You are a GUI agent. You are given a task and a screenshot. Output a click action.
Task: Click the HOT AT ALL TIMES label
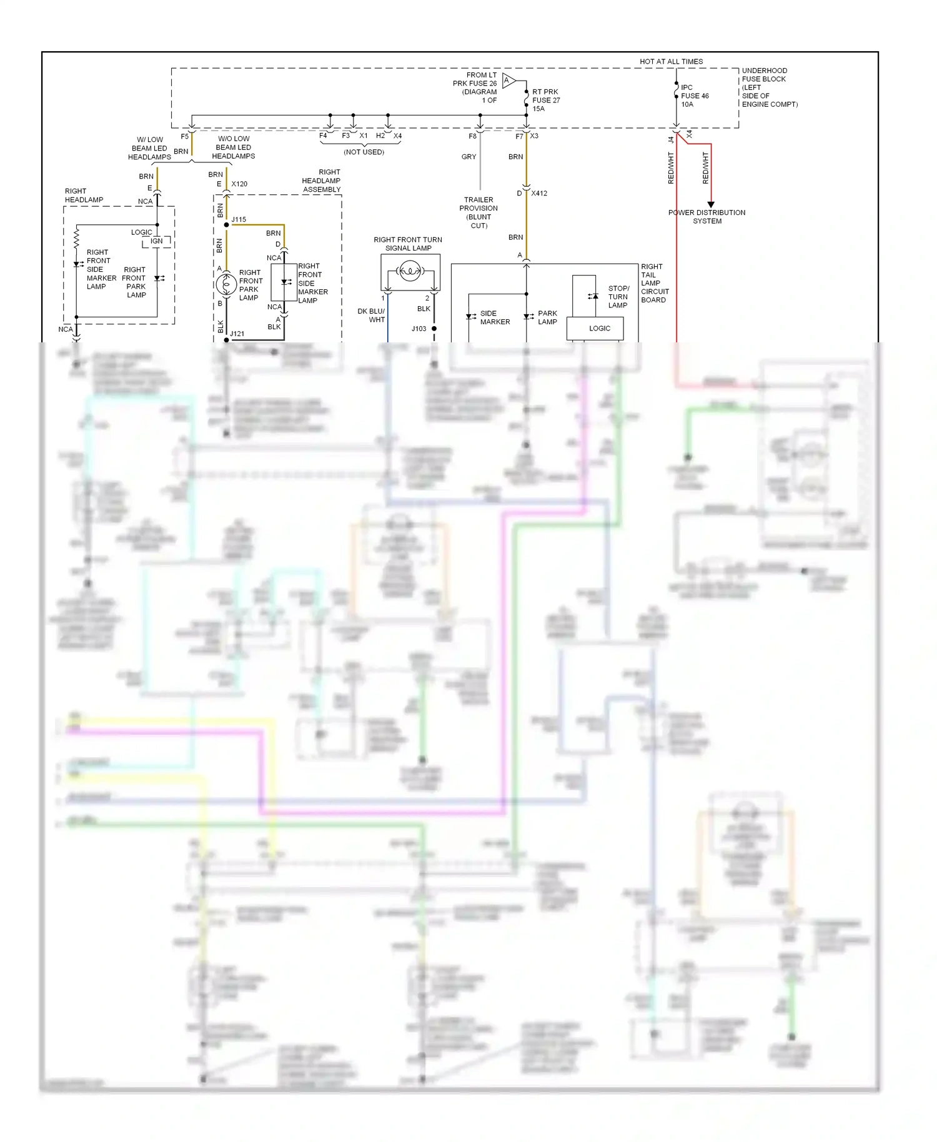671,61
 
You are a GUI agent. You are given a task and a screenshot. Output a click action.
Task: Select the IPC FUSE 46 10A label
694,96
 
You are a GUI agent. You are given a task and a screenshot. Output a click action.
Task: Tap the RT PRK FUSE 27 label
545,100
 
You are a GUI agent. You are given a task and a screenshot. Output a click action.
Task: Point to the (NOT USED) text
364,152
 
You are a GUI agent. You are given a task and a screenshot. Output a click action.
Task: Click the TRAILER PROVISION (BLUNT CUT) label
478,212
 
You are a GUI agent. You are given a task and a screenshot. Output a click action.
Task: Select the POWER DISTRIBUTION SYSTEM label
706,217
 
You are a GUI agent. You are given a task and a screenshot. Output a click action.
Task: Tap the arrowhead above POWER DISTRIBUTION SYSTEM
710,204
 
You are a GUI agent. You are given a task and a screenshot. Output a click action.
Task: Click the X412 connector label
538,193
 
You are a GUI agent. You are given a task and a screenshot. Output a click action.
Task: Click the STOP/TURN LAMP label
618,297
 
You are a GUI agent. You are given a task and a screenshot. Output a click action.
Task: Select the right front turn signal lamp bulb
410,271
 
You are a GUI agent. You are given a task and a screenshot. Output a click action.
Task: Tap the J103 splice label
419,328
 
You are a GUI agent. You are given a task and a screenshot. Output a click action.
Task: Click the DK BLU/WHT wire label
372,315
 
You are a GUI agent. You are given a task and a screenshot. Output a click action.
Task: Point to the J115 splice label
239,219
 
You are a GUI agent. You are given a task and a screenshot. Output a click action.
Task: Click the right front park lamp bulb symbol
226,284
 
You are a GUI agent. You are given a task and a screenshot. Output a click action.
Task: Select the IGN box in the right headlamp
156,241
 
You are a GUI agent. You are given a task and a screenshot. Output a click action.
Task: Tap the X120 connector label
239,184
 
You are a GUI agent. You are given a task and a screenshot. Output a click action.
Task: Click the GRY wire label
468,157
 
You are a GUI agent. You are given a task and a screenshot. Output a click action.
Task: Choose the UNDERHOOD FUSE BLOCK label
769,87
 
